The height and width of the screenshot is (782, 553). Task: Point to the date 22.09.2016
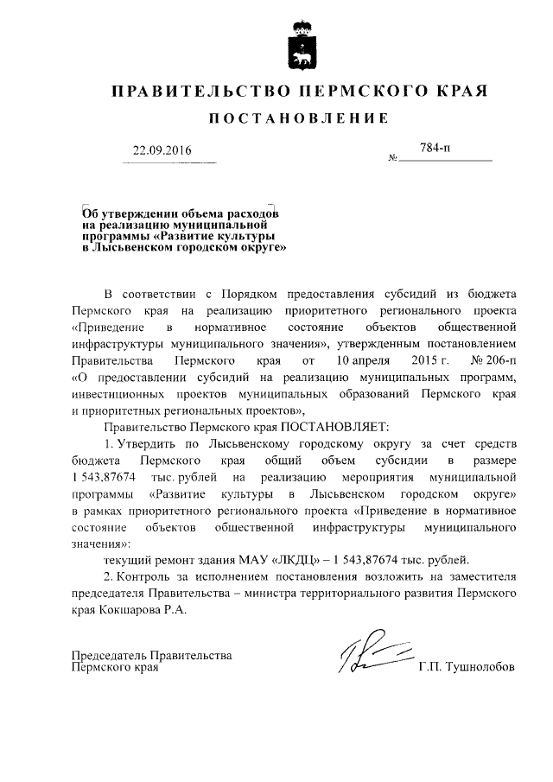(x=162, y=150)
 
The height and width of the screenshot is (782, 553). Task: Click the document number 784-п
(x=435, y=149)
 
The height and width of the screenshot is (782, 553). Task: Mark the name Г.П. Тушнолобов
(x=465, y=667)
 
